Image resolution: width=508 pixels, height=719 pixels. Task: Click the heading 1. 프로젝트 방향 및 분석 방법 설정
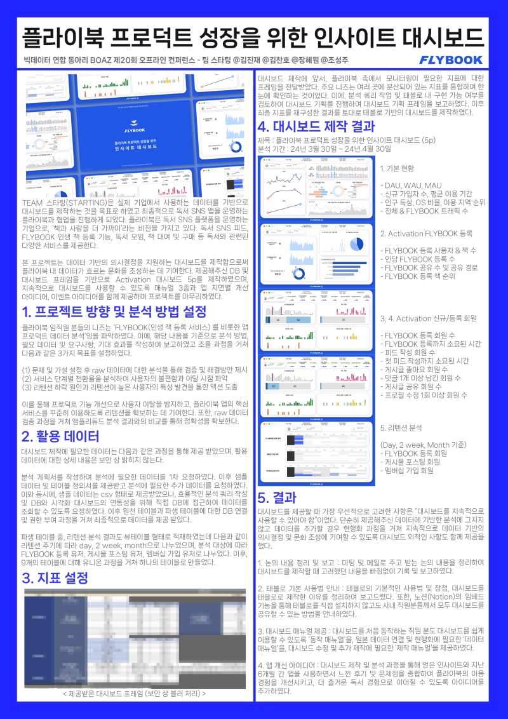114,312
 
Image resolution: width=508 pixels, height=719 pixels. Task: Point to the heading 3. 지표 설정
55,579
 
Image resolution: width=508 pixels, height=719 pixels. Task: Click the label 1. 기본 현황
397,168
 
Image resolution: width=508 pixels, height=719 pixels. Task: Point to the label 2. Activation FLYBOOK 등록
425,234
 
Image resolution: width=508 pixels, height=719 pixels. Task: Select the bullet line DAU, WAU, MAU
408,185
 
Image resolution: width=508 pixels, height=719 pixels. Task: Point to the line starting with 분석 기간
324,148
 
